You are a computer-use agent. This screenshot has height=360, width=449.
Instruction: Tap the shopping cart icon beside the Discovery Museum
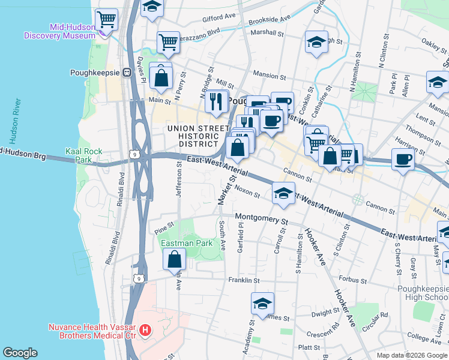(106, 19)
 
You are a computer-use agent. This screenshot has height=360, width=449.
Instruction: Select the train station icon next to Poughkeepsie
(127, 73)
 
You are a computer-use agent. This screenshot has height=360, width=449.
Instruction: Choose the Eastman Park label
(186, 243)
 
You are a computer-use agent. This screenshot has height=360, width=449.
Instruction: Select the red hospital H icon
(145, 330)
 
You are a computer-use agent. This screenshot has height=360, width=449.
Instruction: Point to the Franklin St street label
(244, 280)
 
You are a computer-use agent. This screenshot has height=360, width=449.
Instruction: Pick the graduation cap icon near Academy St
(262, 304)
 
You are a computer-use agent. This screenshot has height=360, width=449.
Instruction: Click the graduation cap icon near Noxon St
(283, 193)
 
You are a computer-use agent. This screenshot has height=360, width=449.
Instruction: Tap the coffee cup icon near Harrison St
(403, 159)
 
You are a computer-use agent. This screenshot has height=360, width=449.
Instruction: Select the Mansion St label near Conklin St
(270, 76)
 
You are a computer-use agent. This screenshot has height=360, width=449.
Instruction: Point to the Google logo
(20, 353)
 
